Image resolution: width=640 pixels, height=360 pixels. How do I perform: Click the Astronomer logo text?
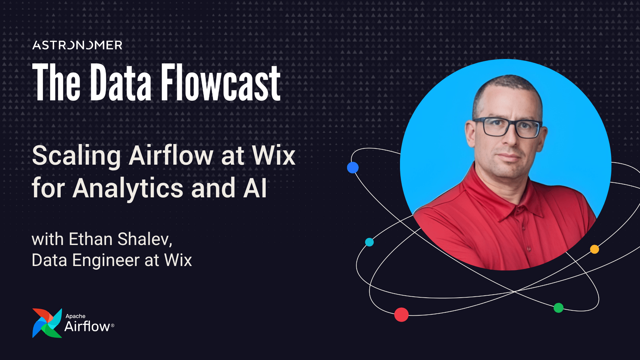(77, 45)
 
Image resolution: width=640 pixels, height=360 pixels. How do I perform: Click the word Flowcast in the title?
(221, 83)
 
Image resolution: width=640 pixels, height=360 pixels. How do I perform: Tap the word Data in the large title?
(121, 83)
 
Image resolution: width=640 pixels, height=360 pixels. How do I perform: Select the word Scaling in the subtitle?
(76, 156)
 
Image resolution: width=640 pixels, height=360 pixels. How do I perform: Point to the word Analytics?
(128, 188)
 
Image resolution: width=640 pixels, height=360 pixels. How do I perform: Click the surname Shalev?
(145, 239)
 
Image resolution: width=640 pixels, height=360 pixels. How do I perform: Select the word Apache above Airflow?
(75, 316)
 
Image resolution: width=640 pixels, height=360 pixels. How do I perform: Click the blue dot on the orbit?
(353, 167)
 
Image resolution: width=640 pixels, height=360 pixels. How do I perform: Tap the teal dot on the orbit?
(369, 242)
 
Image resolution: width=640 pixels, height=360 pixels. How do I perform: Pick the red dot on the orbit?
(401, 314)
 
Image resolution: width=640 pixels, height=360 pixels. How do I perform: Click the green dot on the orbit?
(558, 308)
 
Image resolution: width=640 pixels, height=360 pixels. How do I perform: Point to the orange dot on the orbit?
(594, 249)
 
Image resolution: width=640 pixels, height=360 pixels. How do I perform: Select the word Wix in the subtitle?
(274, 156)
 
